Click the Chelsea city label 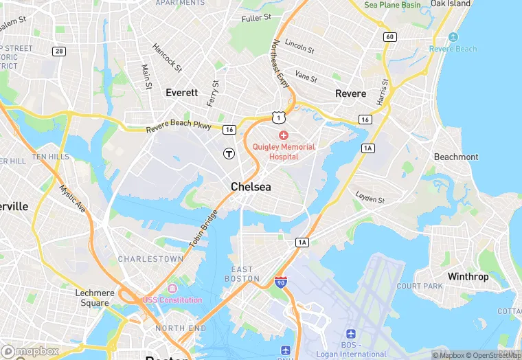click(x=251, y=187)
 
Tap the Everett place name click(x=181, y=92)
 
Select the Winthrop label click(x=468, y=277)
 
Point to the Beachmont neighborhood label click(x=456, y=157)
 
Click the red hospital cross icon click(x=283, y=135)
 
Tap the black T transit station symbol click(x=229, y=153)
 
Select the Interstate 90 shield click(x=280, y=282)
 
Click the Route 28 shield click(x=59, y=52)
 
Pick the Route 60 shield click(x=390, y=36)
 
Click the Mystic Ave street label click(x=71, y=198)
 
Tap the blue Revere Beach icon click(x=453, y=37)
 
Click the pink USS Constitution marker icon click(x=172, y=288)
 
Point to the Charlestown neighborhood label click(x=150, y=259)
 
